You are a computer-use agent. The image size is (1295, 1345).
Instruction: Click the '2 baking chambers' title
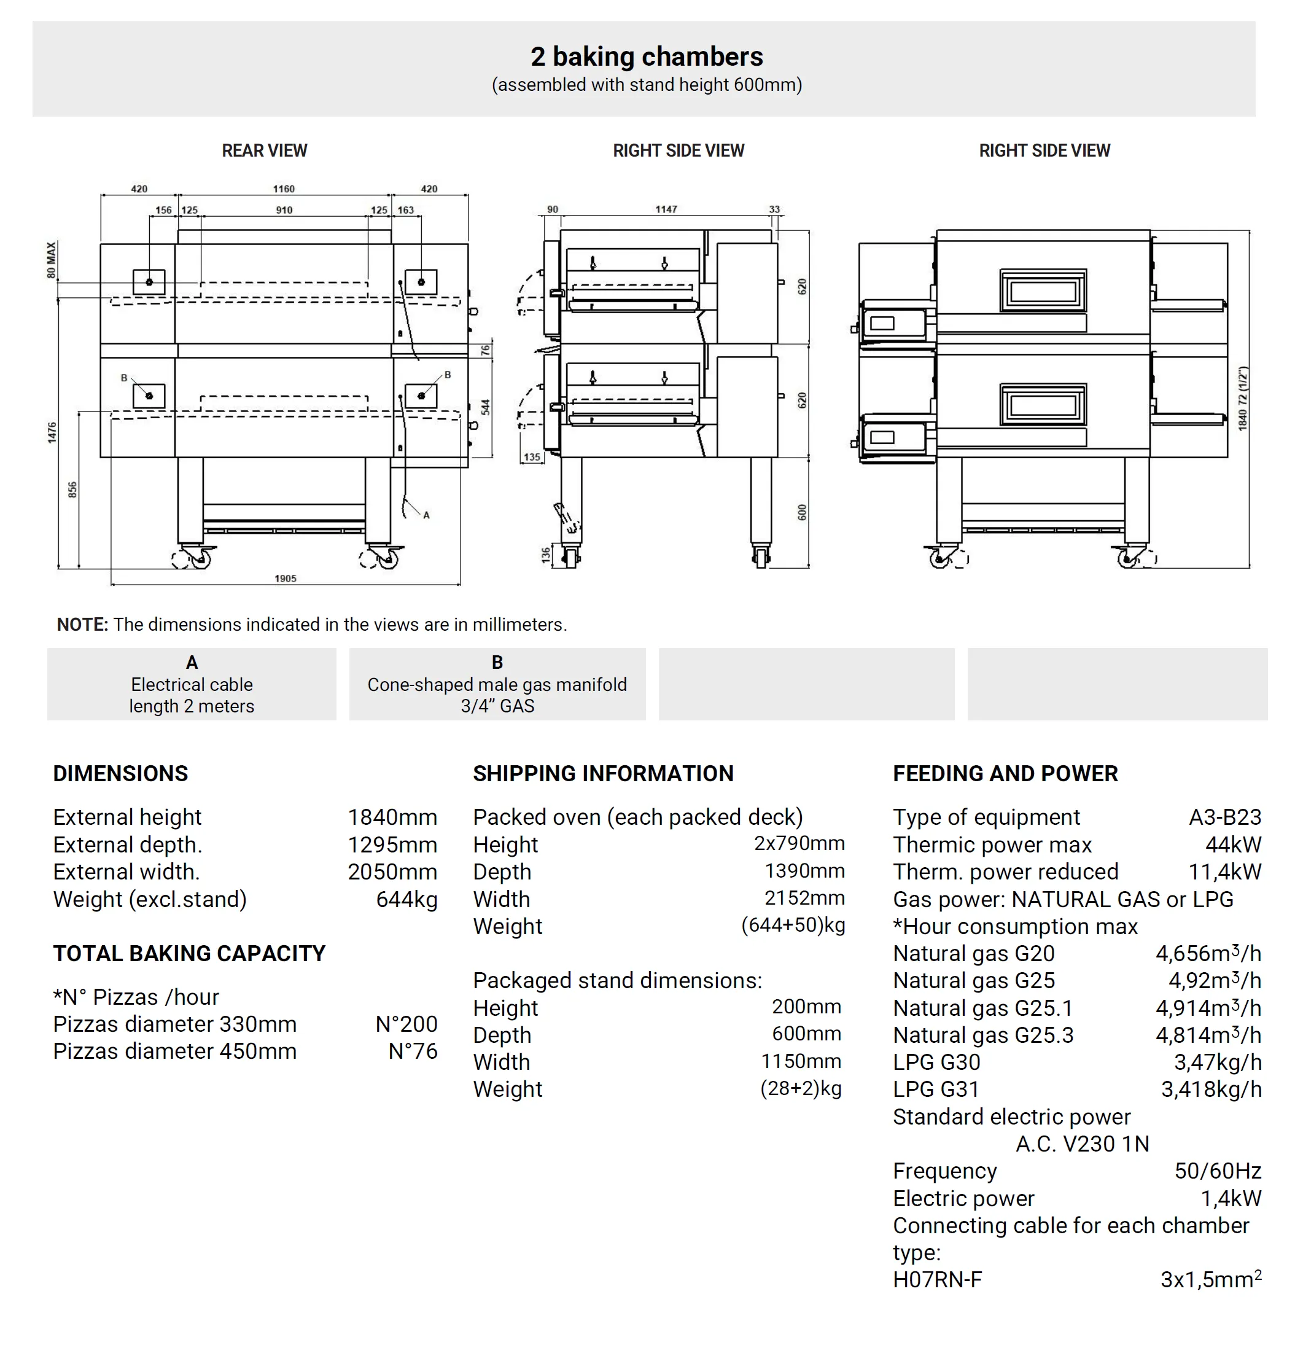click(x=646, y=57)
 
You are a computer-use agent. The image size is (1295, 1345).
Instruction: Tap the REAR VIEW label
click(x=264, y=150)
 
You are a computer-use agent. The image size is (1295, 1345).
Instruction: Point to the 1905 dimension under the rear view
click(x=286, y=579)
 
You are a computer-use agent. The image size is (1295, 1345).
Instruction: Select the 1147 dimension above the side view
click(x=666, y=209)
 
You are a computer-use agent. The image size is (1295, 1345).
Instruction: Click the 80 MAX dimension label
click(x=52, y=259)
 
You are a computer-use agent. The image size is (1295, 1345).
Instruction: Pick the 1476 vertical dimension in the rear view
click(x=52, y=432)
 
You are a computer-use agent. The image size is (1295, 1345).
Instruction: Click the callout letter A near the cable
click(x=427, y=515)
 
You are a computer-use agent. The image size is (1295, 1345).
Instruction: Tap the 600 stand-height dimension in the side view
click(x=802, y=512)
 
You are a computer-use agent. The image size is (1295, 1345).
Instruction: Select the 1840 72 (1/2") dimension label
click(x=1242, y=399)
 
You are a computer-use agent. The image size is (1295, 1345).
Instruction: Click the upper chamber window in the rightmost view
click(x=1043, y=291)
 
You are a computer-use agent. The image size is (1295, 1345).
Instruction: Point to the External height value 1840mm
click(x=392, y=817)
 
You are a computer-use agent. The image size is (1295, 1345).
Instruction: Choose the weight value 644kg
click(x=406, y=899)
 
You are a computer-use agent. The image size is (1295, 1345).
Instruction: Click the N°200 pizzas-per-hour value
click(x=406, y=1024)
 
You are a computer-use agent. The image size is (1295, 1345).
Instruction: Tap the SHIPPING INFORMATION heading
click(x=603, y=773)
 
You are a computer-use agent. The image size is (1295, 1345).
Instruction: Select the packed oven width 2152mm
click(x=804, y=897)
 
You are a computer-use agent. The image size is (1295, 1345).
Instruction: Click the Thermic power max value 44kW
click(x=1233, y=844)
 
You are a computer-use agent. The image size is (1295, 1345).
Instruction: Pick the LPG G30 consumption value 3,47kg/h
click(x=1218, y=1062)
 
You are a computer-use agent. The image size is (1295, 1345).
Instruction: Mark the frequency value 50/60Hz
click(x=1218, y=1171)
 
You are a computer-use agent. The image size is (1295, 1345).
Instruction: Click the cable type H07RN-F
click(x=937, y=1279)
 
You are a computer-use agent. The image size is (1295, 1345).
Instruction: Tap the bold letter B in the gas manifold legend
click(x=497, y=662)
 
